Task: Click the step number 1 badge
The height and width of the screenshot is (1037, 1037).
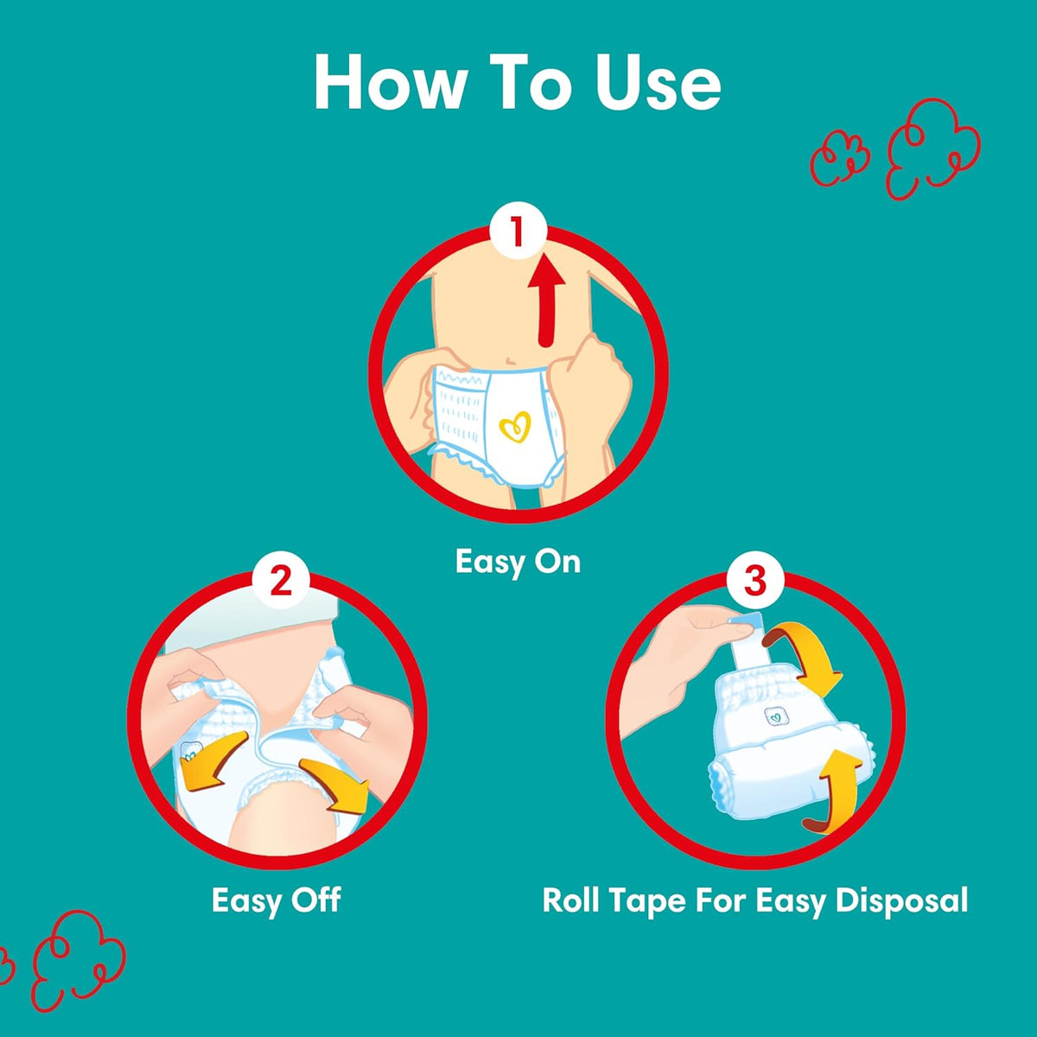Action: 518,231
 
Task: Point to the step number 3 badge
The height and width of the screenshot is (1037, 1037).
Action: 755,581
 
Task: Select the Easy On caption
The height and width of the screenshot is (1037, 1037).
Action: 518,563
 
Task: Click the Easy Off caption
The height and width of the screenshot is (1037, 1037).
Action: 276,900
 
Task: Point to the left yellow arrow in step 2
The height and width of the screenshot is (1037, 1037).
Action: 213,760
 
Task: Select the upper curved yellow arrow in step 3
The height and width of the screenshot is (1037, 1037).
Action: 807,657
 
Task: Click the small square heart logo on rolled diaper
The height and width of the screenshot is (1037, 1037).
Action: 776,716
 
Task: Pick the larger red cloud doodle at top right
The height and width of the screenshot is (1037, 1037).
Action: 933,148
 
